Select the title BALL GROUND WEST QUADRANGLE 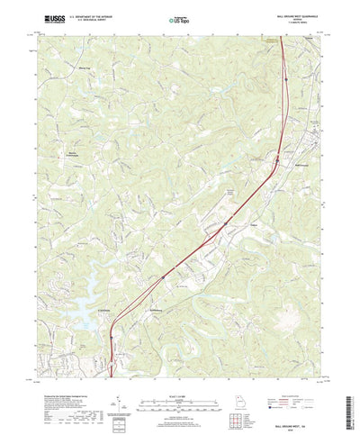click(x=293, y=12)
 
